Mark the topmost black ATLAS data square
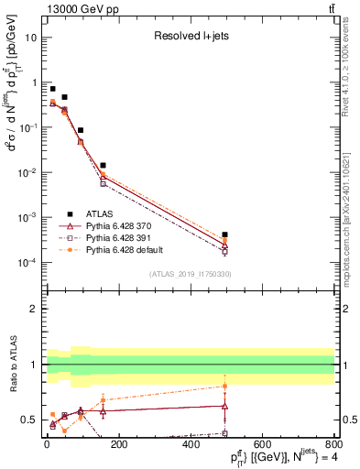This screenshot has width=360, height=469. click(53, 89)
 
